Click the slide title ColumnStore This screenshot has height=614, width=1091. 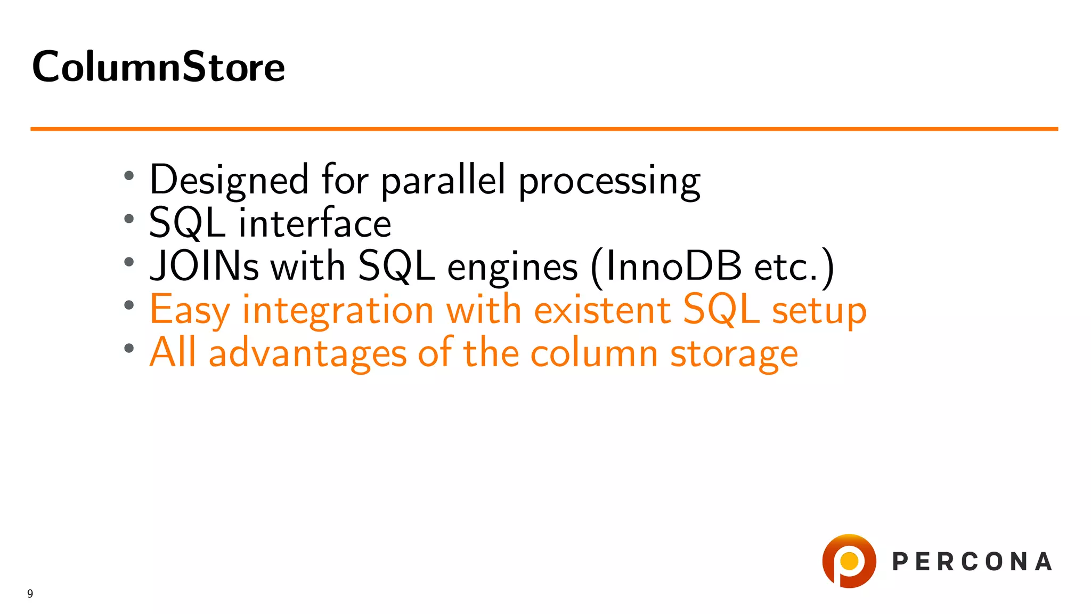158,67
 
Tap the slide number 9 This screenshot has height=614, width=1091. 30,594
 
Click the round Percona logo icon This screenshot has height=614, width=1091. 849,561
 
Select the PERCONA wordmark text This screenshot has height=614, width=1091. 972,562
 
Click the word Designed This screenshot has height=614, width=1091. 229,180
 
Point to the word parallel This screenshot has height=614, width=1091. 443,180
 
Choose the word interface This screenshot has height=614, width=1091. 315,223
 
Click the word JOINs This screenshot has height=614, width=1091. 204,266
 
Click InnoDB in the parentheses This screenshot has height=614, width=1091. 673,266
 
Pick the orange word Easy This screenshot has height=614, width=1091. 190,310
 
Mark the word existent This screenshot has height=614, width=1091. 602,310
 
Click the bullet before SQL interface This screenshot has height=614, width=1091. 128,219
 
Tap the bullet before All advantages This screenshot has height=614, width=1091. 128,349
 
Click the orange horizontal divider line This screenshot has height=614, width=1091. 543,128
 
